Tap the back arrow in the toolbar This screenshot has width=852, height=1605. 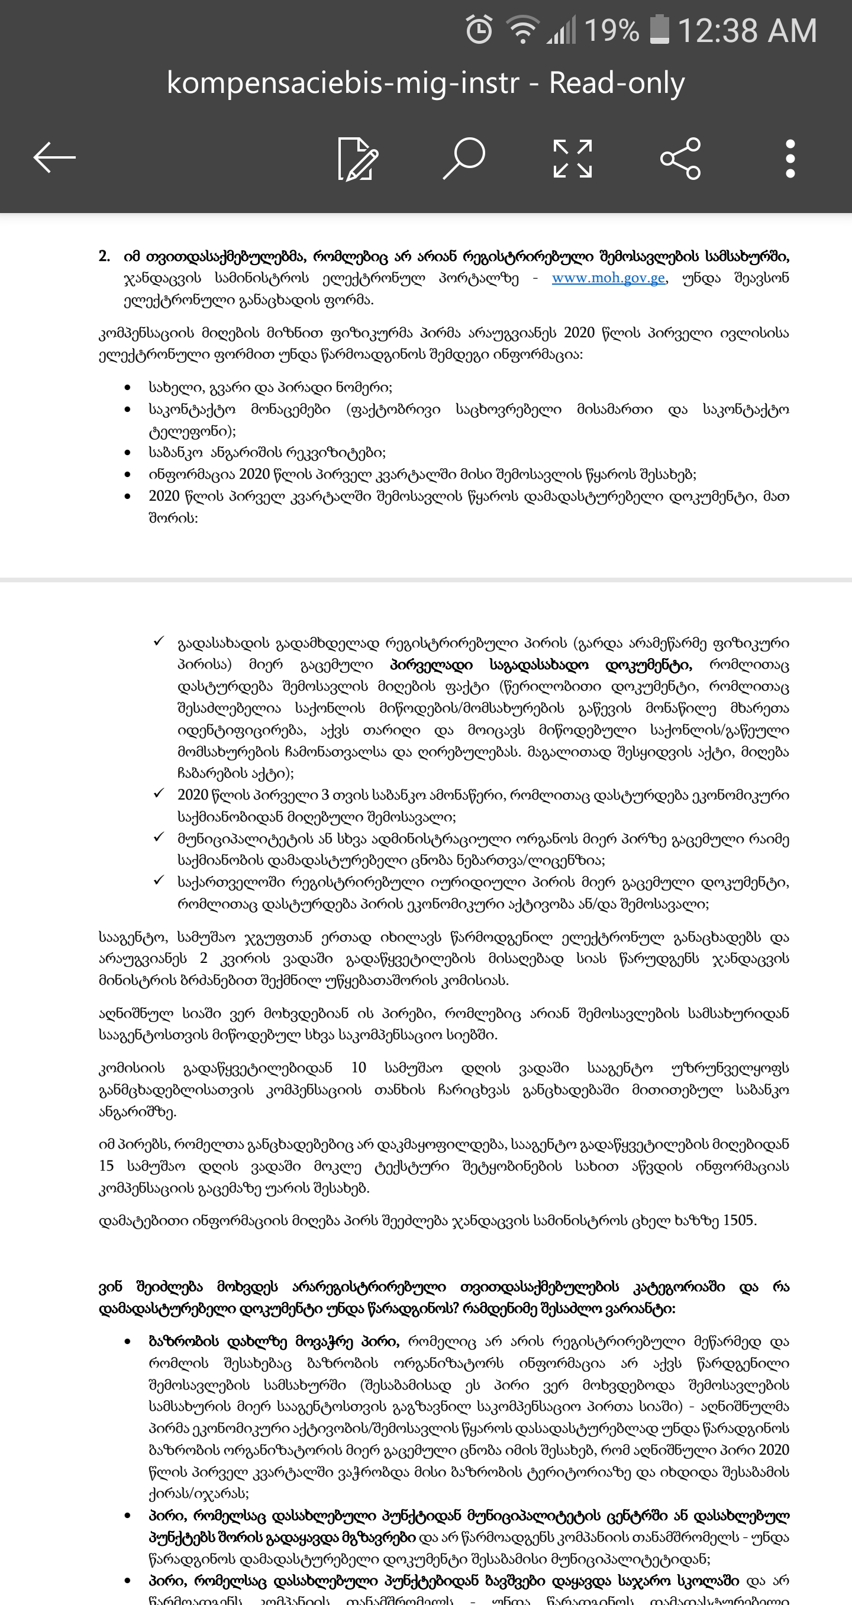[55, 157]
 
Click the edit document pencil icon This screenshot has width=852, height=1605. [357, 158]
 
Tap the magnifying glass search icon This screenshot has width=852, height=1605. [464, 158]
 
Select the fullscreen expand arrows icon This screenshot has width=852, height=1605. [572, 158]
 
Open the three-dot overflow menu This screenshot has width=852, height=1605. [790, 158]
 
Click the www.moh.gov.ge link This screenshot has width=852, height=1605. [608, 278]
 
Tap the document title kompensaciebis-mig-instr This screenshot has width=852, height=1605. [343, 83]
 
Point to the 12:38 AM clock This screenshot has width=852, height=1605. [747, 30]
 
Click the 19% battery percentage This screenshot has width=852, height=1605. [612, 30]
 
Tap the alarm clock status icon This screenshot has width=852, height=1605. [479, 30]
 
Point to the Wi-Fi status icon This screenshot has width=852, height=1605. [522, 30]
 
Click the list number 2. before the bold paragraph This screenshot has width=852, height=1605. [104, 256]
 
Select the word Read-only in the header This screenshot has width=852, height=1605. [617, 83]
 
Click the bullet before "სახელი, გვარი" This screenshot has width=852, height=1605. [128, 388]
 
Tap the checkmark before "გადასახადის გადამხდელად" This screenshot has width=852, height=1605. [159, 641]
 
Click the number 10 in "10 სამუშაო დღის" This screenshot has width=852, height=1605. [358, 1067]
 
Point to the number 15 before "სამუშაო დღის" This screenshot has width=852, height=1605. [106, 1165]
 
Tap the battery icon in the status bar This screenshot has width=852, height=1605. [659, 30]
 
